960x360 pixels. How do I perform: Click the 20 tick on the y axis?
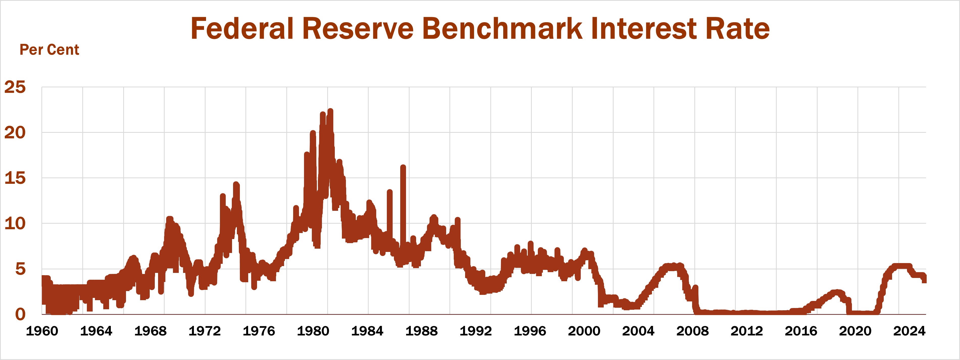[x=15, y=133]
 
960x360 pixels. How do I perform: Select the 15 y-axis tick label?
[x=15, y=178]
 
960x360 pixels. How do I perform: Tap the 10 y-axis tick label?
[x=15, y=224]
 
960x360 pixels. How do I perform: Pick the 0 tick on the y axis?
[x=20, y=314]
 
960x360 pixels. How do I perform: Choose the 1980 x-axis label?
[x=313, y=331]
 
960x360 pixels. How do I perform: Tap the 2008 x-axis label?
[x=692, y=331]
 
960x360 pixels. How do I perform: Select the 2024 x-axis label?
[x=909, y=331]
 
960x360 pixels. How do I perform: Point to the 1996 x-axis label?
[x=530, y=331]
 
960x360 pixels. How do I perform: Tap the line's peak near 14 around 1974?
[x=236, y=184]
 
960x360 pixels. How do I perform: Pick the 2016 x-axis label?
[x=801, y=331]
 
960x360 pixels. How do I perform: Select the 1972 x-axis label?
[x=205, y=331]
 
